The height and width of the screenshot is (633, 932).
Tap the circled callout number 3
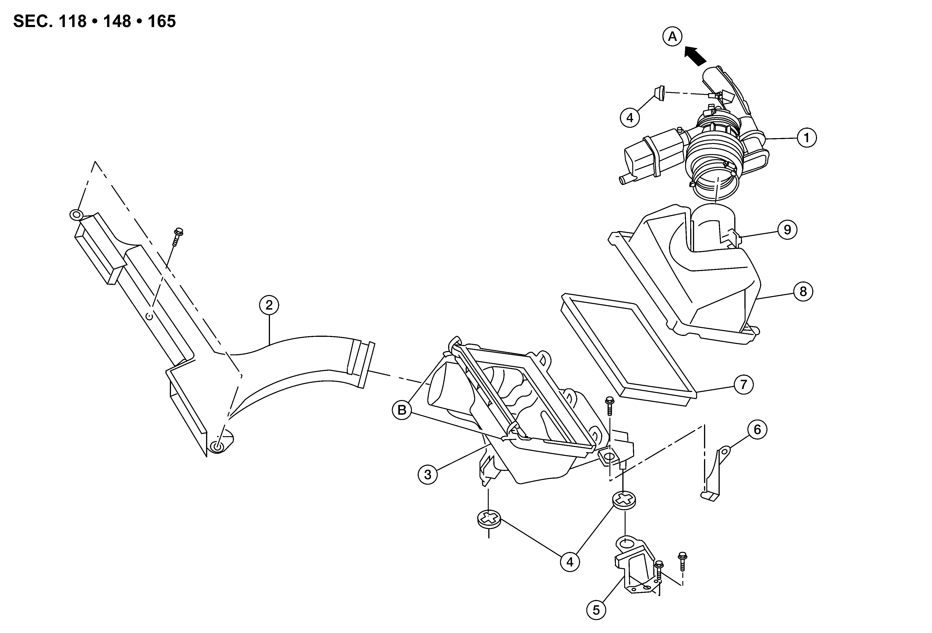tap(428, 475)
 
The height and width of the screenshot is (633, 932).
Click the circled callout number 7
tap(743, 385)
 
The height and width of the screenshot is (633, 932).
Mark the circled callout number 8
tap(803, 291)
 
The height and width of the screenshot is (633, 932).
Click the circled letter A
tap(673, 37)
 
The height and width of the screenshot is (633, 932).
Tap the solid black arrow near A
tap(695, 56)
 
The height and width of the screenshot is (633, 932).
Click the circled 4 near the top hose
tap(630, 118)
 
